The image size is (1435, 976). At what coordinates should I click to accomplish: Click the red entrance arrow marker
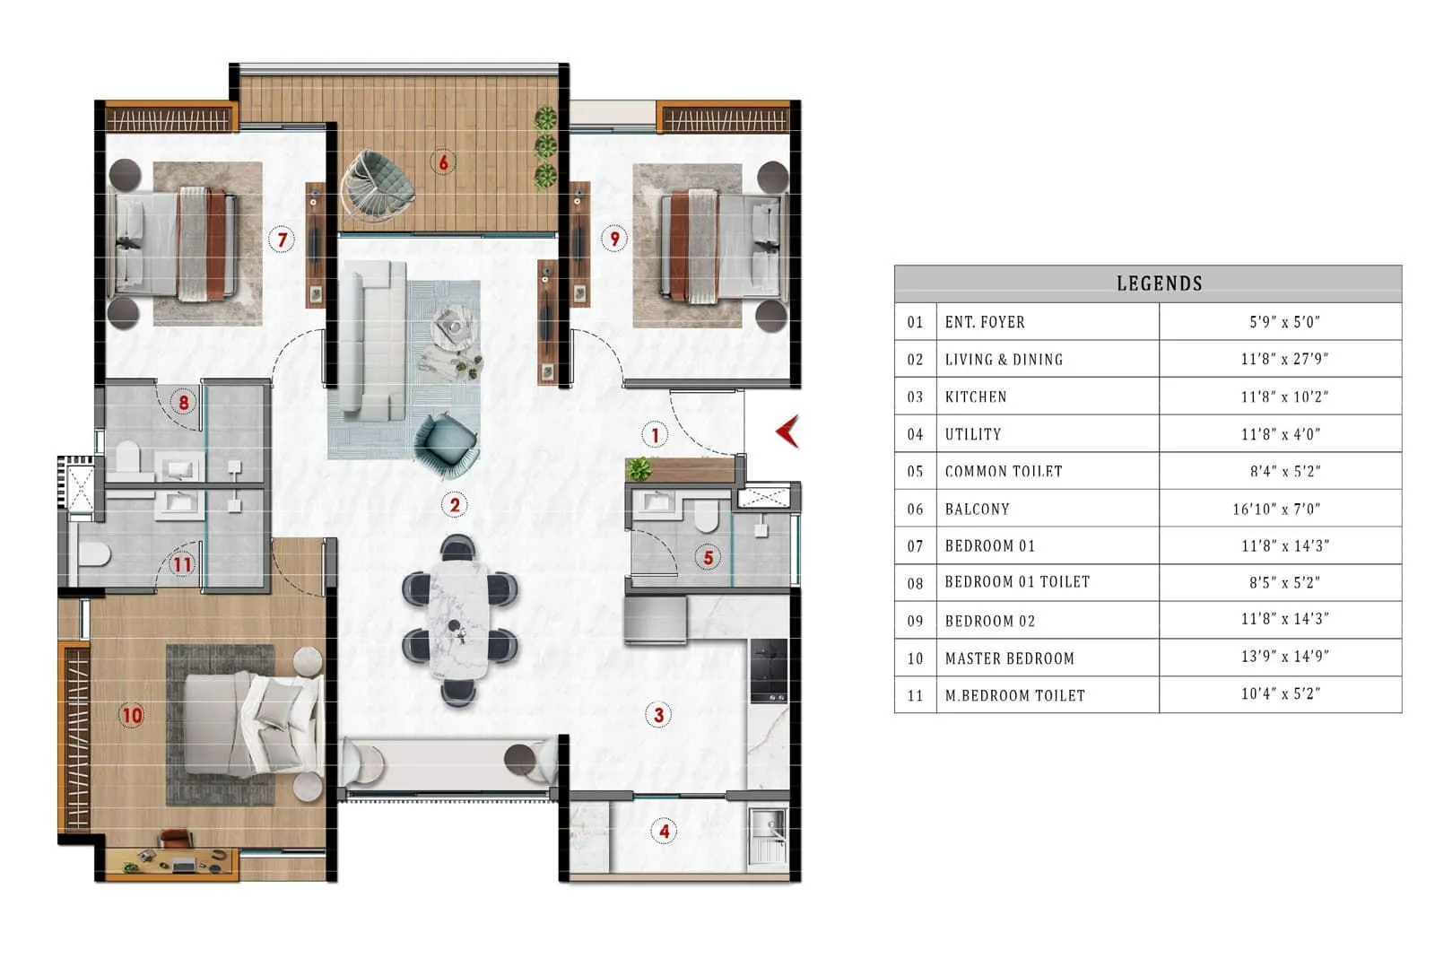[x=787, y=431]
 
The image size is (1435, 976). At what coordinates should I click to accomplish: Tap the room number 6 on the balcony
[x=442, y=162]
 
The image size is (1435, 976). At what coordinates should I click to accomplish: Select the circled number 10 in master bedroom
[x=132, y=715]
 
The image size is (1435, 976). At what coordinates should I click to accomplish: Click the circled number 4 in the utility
[x=664, y=832]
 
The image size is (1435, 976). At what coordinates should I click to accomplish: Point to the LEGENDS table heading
[x=1159, y=283]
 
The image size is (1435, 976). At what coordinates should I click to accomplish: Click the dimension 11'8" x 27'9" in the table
[x=1283, y=359]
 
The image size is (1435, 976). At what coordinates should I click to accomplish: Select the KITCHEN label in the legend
[x=976, y=396]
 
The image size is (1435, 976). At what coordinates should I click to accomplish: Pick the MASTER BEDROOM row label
[x=1009, y=658]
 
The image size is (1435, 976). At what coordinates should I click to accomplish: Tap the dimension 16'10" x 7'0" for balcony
[x=1276, y=509]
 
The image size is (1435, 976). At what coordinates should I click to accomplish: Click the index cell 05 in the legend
[x=915, y=471]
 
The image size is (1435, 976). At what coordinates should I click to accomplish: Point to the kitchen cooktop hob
[x=769, y=670]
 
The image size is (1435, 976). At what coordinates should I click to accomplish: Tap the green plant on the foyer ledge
[x=639, y=468]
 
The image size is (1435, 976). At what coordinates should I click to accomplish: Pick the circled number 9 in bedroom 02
[x=614, y=239]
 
